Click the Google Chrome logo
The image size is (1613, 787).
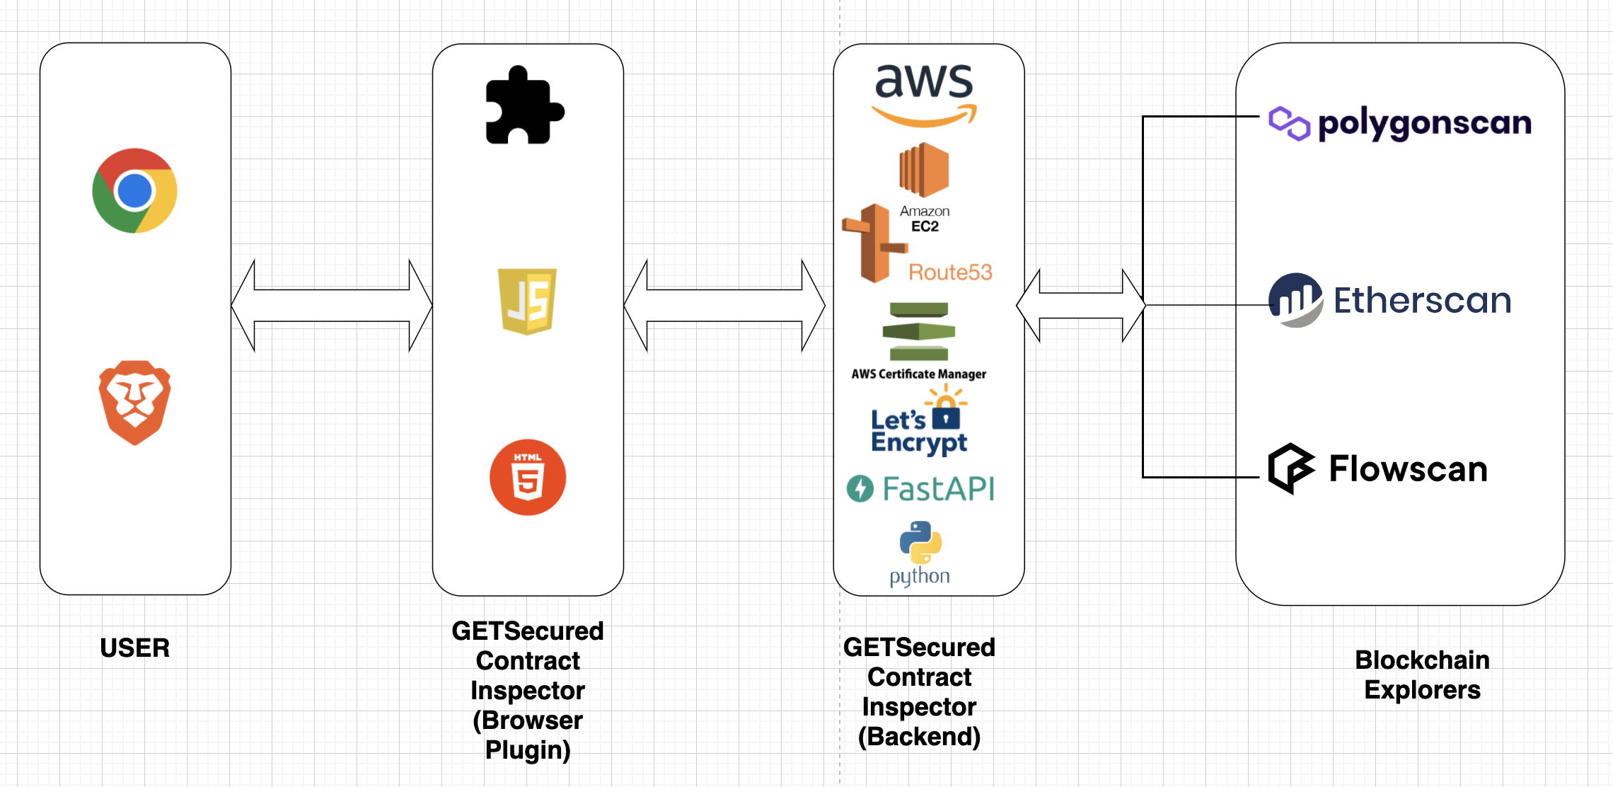[x=134, y=190]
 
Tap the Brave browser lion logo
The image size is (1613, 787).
[x=134, y=402]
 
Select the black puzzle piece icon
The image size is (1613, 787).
[x=524, y=105]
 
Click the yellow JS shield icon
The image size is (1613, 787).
[x=527, y=301]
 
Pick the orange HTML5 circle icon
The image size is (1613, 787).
[x=528, y=477]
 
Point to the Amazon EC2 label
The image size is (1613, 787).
[x=925, y=219]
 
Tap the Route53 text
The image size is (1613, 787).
[x=950, y=272]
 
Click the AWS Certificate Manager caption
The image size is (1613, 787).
[x=918, y=374]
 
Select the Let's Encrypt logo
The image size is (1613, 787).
[x=919, y=425]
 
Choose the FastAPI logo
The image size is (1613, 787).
[x=921, y=489]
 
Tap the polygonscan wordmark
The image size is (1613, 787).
[x=1424, y=124]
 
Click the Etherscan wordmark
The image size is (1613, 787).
[x=1422, y=300]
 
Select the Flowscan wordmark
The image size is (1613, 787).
[x=1408, y=469]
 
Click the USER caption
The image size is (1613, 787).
[x=134, y=648]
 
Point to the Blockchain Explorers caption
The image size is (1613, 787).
[x=1422, y=674]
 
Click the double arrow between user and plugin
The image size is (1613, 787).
[x=331, y=306]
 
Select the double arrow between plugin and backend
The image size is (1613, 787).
[x=724, y=306]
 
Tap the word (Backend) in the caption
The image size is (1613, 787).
[x=919, y=737]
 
